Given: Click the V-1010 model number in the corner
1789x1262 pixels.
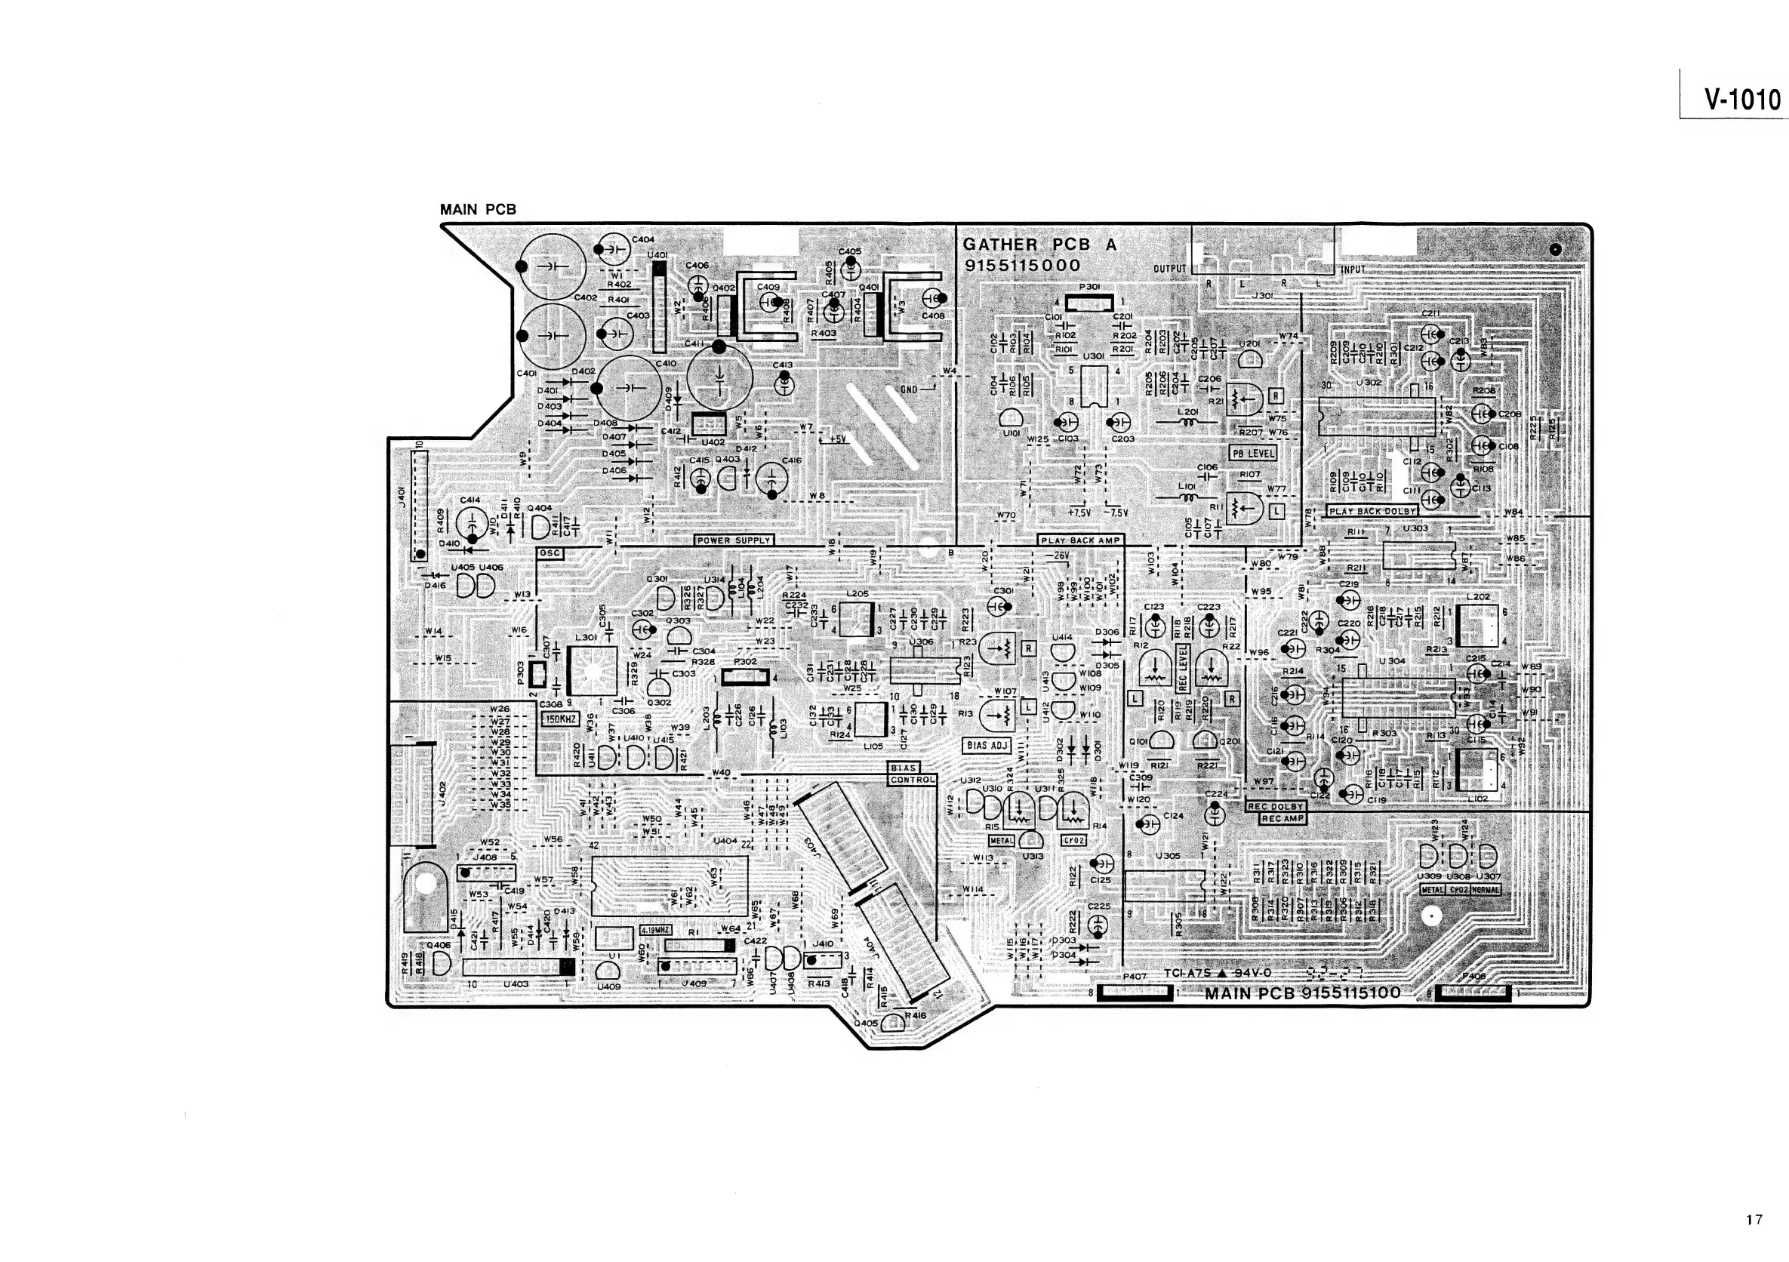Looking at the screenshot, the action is (x=1742, y=100).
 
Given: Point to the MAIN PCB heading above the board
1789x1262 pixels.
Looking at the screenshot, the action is (x=478, y=210).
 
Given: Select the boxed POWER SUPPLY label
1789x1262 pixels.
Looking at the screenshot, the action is (x=734, y=540).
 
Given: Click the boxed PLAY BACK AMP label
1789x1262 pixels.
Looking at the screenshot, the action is (x=1080, y=540).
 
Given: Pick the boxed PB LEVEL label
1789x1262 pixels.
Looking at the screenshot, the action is (x=1253, y=453).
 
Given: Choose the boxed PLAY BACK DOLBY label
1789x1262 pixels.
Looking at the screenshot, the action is (x=1372, y=512).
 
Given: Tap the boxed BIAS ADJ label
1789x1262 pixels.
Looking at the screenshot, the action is (x=987, y=746).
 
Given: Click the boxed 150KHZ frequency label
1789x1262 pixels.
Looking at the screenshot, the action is (x=559, y=719).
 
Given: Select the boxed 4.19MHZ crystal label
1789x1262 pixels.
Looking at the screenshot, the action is (x=655, y=929).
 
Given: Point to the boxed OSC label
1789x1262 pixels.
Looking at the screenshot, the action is (x=550, y=553).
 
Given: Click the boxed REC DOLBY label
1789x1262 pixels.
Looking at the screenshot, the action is (x=1276, y=807).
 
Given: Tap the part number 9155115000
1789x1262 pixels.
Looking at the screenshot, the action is (x=1023, y=265).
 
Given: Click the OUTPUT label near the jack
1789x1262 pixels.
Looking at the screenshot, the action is (x=1169, y=269).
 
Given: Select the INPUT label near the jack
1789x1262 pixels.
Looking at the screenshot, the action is (x=1353, y=269).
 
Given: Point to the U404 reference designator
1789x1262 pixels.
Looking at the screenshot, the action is (x=725, y=842).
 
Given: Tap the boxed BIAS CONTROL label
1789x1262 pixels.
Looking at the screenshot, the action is (x=912, y=774).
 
